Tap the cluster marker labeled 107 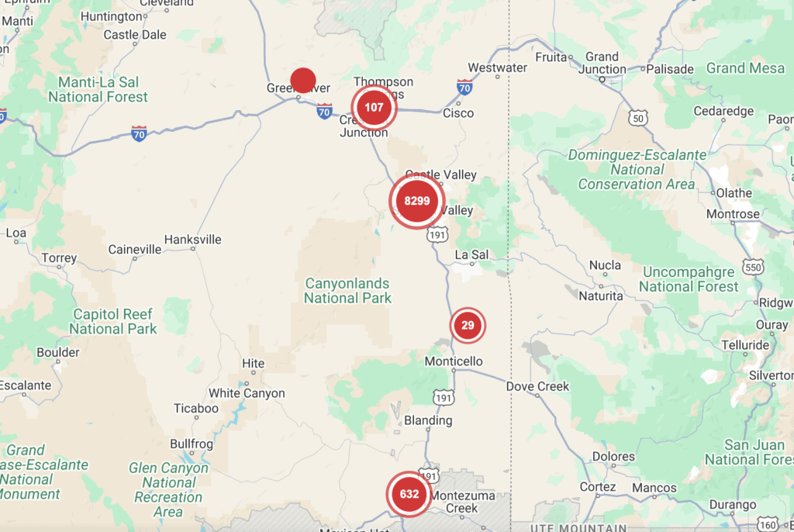point(374,107)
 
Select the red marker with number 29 point(468,325)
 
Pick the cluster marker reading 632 point(409,494)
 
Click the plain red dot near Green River point(302,79)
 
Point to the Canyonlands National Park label point(347,291)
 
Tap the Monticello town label point(454,361)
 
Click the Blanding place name point(428,420)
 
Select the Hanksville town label point(192,240)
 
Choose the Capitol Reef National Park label point(113,321)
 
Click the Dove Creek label point(537,386)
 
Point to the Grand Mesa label point(745,68)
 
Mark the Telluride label point(745,345)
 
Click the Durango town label point(732,505)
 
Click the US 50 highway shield point(638,117)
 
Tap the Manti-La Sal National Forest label point(98,89)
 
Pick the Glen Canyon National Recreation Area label point(168,490)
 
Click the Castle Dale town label point(135,35)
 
